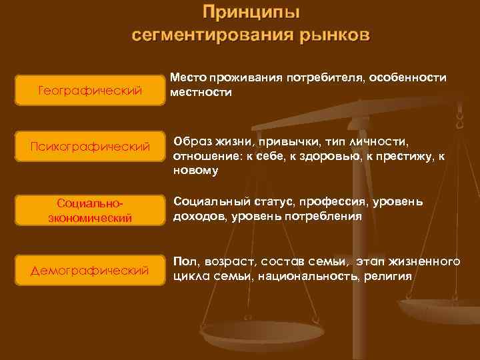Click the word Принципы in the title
(251, 13)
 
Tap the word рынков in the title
(331, 35)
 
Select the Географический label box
(91, 90)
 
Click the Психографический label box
(91, 147)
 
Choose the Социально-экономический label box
(91, 209)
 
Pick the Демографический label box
(91, 270)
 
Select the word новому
(195, 170)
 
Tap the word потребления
(325, 216)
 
